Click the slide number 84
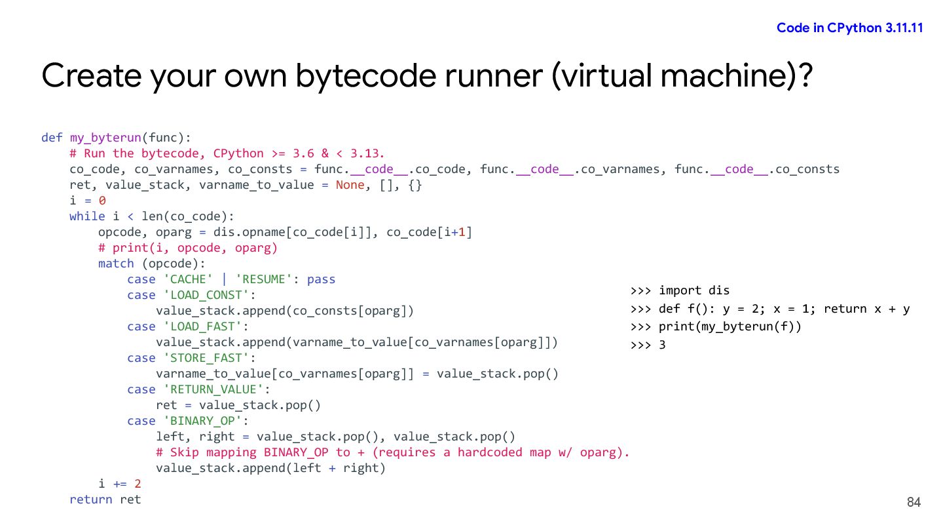coord(914,502)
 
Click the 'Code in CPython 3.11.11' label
coord(849,28)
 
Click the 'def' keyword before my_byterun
coord(52,138)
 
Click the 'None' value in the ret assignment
coord(350,185)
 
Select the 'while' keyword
coord(87,216)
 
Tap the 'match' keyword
coord(116,264)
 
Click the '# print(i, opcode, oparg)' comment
coord(188,248)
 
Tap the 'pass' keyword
coord(321,279)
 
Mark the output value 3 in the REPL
coord(662,344)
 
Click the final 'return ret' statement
coord(105,500)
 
